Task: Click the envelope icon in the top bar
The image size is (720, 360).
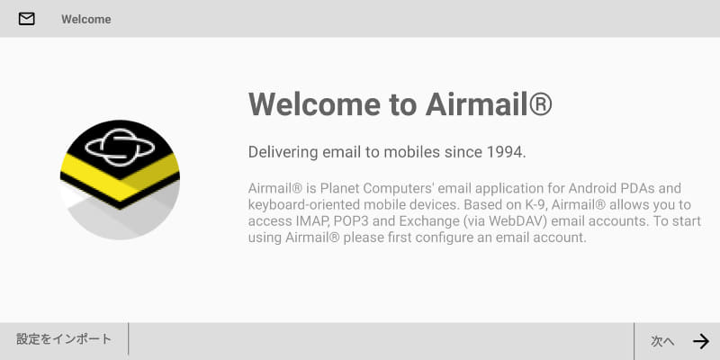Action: [27, 19]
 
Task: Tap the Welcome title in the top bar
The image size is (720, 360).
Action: [86, 19]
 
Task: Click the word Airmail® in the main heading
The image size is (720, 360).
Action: [488, 104]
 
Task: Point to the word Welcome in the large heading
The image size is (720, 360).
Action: [315, 104]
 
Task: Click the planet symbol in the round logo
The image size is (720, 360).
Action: [119, 148]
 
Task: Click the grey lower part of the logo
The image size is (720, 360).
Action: [120, 220]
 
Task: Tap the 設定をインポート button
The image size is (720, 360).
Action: [64, 339]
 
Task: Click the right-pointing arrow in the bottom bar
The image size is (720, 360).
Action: [701, 341]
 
